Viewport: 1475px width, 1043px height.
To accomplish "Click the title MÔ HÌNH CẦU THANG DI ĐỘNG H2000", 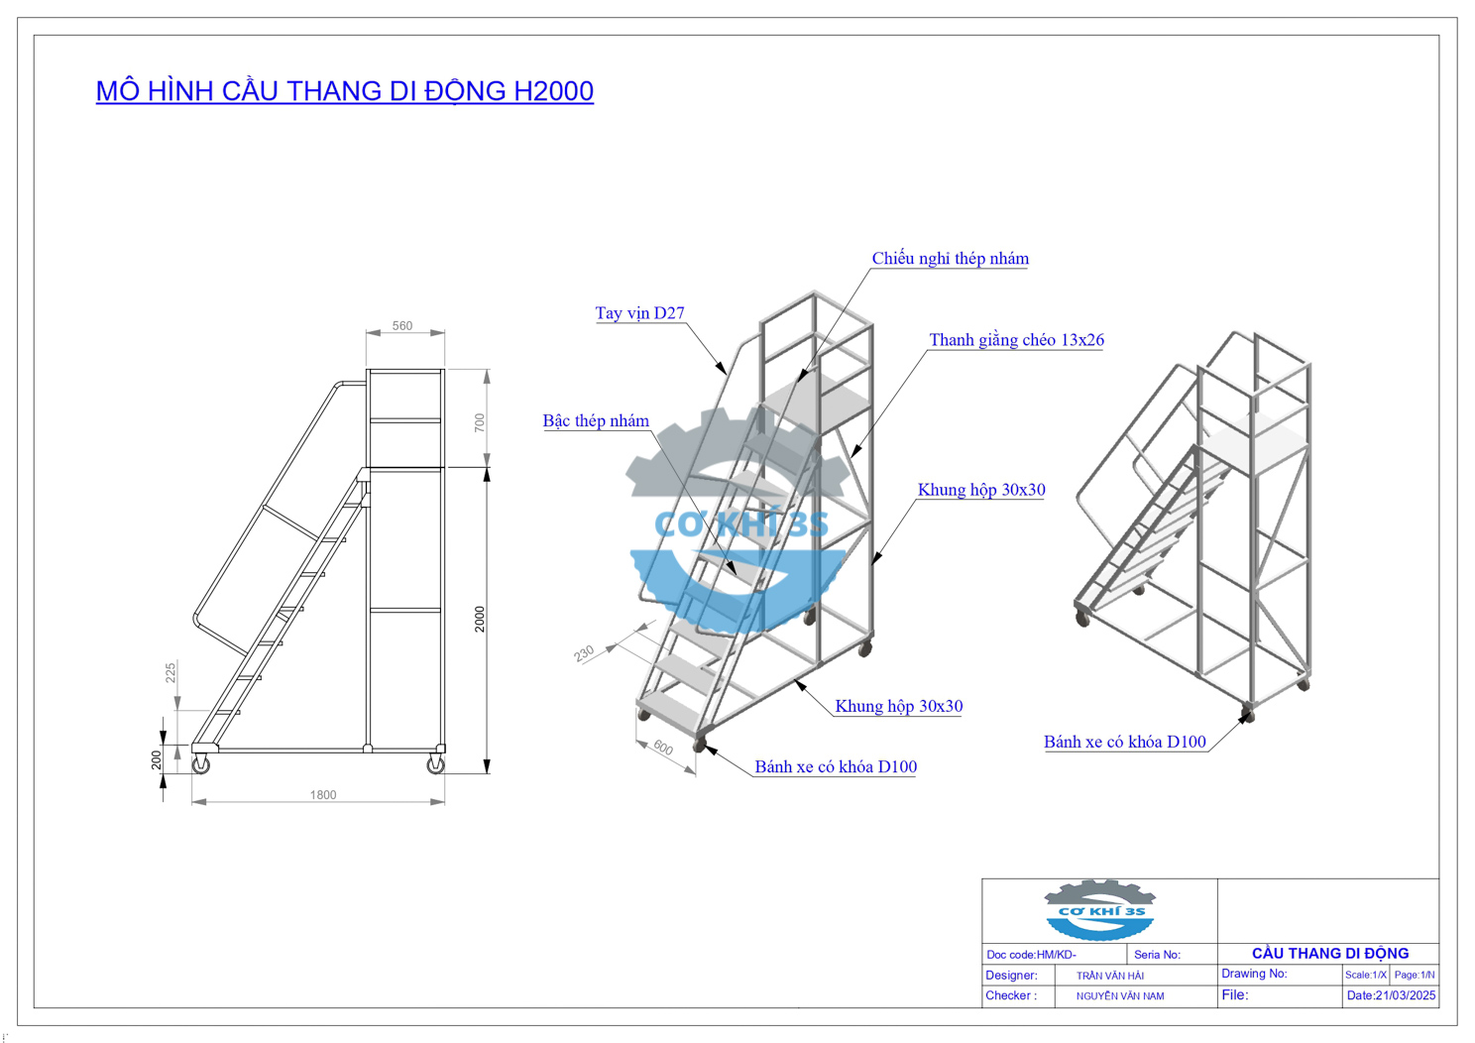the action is click(344, 91).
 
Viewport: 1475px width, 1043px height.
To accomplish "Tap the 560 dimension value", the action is click(402, 326).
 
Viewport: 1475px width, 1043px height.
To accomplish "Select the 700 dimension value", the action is click(480, 422).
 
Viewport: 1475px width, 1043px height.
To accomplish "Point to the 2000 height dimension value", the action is click(480, 619).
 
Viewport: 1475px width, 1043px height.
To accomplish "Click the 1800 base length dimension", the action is click(323, 795).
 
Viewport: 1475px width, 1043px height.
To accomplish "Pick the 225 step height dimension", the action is click(170, 672).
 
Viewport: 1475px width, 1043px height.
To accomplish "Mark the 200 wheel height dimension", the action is click(156, 759).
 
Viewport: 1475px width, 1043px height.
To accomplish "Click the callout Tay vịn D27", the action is click(640, 312).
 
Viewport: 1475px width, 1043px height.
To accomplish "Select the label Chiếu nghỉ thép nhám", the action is click(951, 258).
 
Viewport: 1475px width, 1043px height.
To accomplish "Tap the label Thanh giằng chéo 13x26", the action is click(1016, 340).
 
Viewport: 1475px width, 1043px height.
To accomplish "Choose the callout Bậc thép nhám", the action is click(596, 420).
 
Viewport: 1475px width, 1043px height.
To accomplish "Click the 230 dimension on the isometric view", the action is click(584, 653).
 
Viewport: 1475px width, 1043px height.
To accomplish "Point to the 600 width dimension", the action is click(663, 748).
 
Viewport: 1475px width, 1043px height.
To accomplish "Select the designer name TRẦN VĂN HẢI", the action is click(1109, 976).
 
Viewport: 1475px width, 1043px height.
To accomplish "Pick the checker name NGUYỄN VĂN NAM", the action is click(1120, 996).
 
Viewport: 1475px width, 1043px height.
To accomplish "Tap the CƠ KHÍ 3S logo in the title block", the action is click(1099, 911).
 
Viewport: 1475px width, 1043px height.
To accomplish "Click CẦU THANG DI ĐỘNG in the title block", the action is click(1330, 954).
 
